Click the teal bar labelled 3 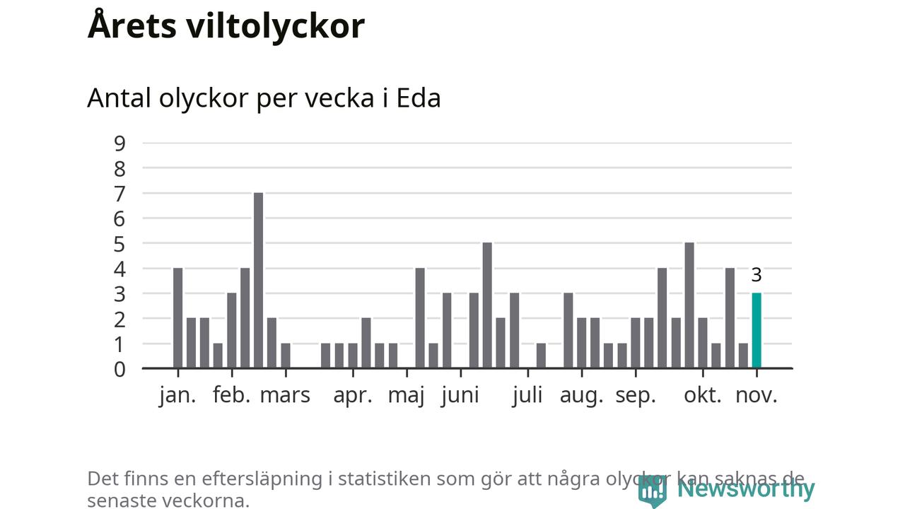(x=757, y=331)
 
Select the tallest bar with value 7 (x=258, y=281)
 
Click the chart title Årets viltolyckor (x=226, y=25)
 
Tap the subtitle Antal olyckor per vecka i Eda (x=264, y=98)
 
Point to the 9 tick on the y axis (x=119, y=144)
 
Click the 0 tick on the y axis (x=119, y=369)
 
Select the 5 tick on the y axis (x=119, y=244)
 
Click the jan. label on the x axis (x=177, y=395)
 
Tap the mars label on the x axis (x=285, y=395)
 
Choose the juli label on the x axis (x=527, y=395)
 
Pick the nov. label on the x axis (x=757, y=395)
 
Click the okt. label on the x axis (x=703, y=395)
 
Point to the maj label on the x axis (x=407, y=395)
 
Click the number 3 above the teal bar (x=757, y=276)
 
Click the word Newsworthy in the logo (x=746, y=488)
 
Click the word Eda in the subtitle (x=419, y=98)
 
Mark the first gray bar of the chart (x=177, y=318)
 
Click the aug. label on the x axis (x=582, y=395)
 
